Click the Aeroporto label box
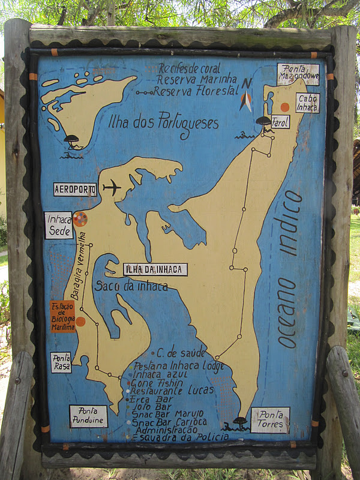pyautogui.click(x=75, y=190)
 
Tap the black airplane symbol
pyautogui.click(x=112, y=188)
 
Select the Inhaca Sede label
pyautogui.click(x=59, y=226)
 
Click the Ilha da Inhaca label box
pyautogui.click(x=155, y=269)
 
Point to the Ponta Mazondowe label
pyautogui.click(x=298, y=74)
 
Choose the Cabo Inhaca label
pyautogui.click(x=307, y=103)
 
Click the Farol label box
pyautogui.click(x=280, y=122)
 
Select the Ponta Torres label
pyautogui.click(x=270, y=420)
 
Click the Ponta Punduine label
pyautogui.click(x=88, y=416)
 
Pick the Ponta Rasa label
pyautogui.click(x=61, y=362)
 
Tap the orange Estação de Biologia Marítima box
pyautogui.click(x=62, y=316)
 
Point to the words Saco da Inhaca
pyautogui.click(x=131, y=287)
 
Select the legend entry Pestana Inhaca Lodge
pyautogui.click(x=178, y=366)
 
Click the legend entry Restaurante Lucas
pyautogui.click(x=173, y=390)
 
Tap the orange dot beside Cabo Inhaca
pyautogui.click(x=285, y=107)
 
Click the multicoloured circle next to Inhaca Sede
pyautogui.click(x=80, y=219)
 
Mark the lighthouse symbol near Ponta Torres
pyautogui.click(x=240, y=422)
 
